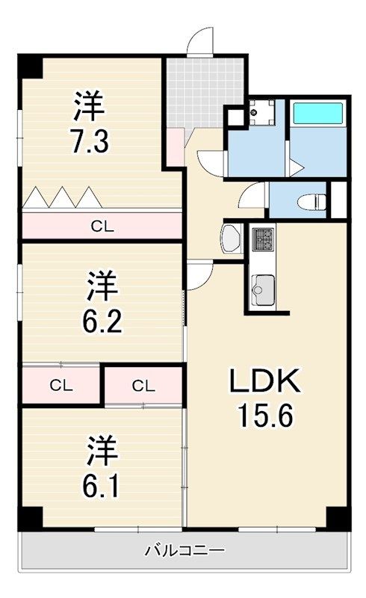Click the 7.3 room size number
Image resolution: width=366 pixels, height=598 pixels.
pos(90,141)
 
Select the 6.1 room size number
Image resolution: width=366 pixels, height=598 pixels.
pos(102,485)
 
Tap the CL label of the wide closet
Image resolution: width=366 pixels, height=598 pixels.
pos(102,226)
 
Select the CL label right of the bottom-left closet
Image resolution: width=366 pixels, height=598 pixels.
pos(143,386)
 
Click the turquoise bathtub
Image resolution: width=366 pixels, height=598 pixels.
pos(317,114)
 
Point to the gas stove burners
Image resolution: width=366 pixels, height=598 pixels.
pos(263,239)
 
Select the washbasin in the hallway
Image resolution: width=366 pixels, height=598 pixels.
pos(230,240)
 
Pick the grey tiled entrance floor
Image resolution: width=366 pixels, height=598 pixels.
pos(204,90)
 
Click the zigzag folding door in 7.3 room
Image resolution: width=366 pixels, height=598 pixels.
pos(62,197)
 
